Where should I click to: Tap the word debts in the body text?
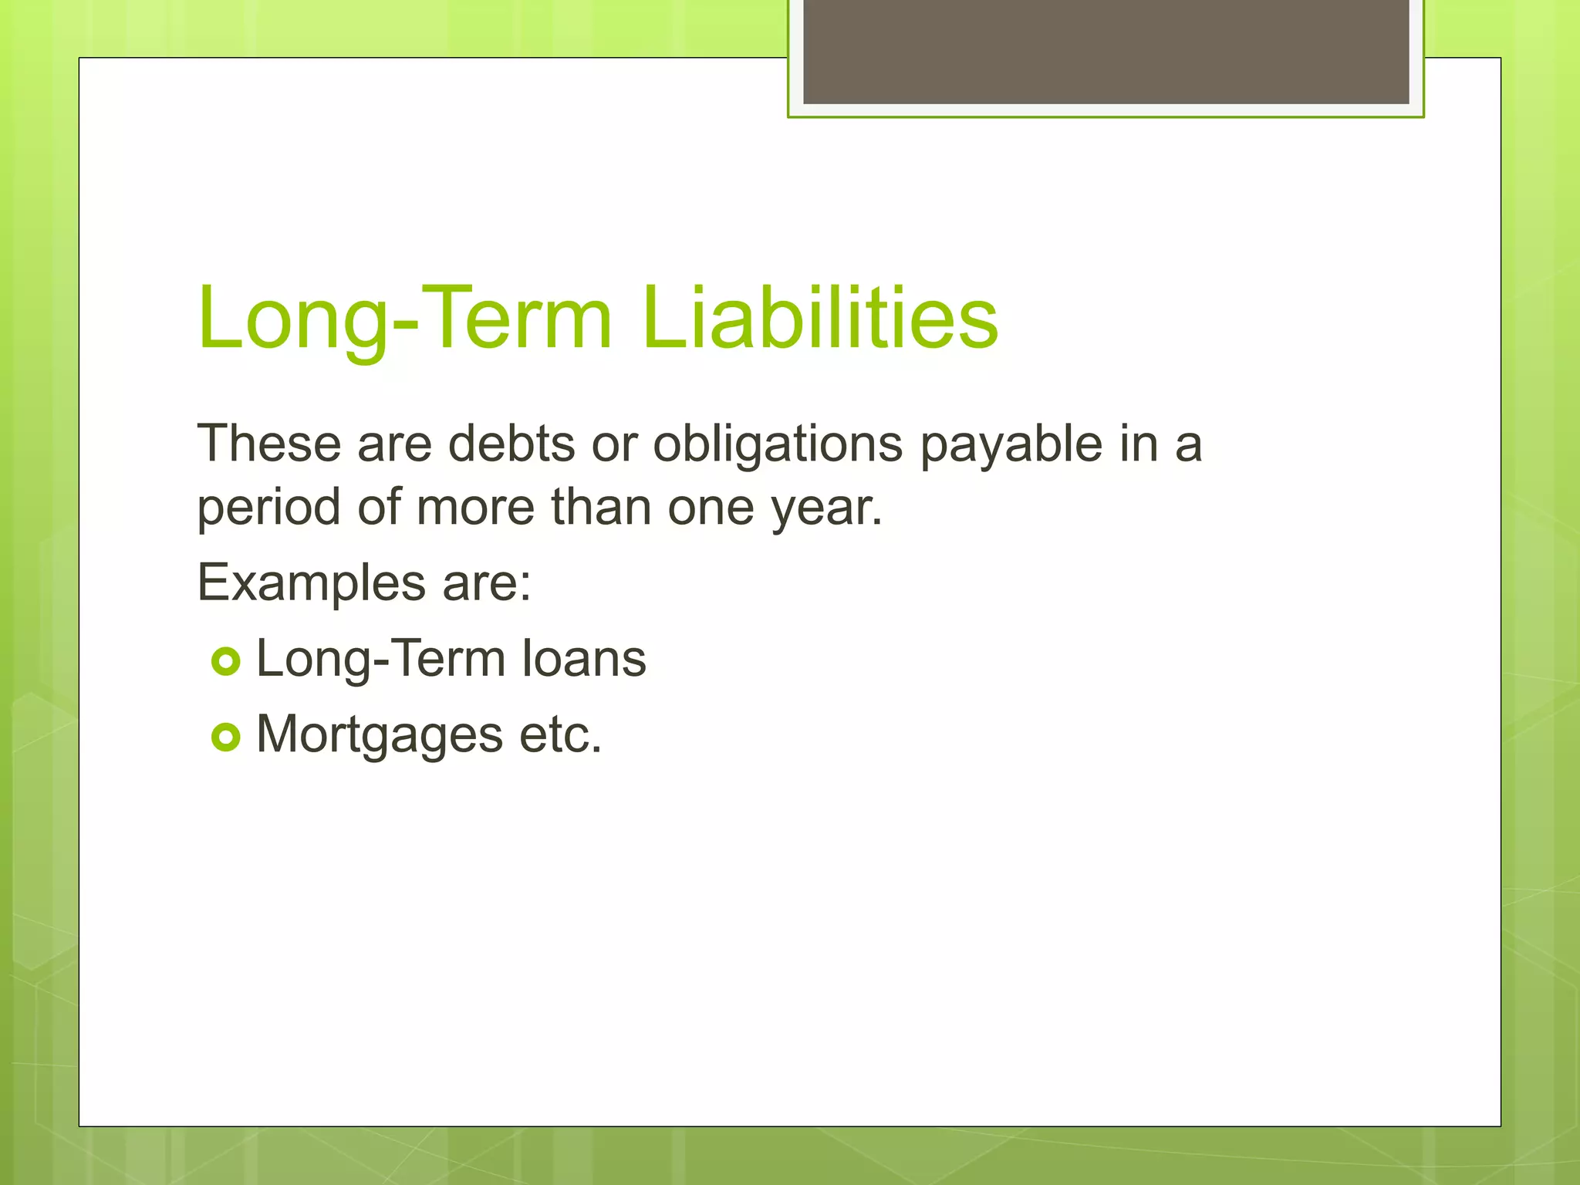[x=511, y=444]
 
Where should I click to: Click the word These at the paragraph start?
[x=269, y=444]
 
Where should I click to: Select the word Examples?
[x=311, y=583]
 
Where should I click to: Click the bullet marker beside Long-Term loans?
[x=226, y=661]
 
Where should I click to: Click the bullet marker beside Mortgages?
[x=226, y=738]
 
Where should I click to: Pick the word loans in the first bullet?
[x=584, y=659]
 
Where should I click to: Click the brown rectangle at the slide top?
[x=1106, y=51]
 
